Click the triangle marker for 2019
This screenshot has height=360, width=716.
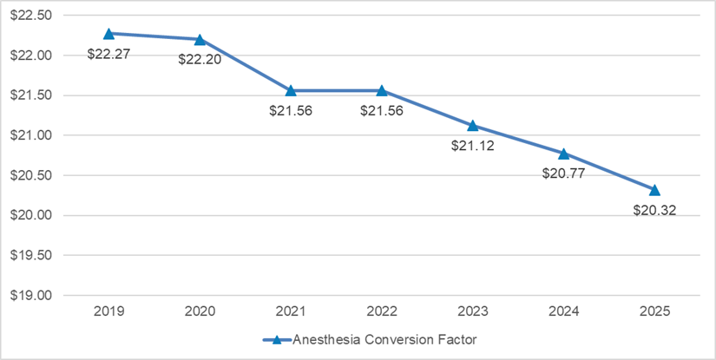pyautogui.click(x=108, y=34)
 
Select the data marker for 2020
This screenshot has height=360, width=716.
pyautogui.click(x=200, y=39)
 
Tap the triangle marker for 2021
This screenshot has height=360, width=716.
pyautogui.click(x=291, y=90)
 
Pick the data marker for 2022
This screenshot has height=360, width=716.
pyautogui.click(x=382, y=90)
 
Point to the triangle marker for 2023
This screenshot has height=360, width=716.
pyautogui.click(x=473, y=126)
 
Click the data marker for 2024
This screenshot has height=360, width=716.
pyautogui.click(x=564, y=154)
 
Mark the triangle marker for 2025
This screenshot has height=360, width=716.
pyautogui.click(x=655, y=190)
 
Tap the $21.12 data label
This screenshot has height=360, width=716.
pyautogui.click(x=473, y=146)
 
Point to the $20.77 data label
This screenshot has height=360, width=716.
pyautogui.click(x=564, y=173)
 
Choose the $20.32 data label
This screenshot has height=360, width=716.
pyautogui.click(x=655, y=210)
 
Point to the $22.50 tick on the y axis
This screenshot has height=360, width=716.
pyautogui.click(x=31, y=16)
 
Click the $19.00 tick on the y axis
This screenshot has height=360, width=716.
pyautogui.click(x=31, y=295)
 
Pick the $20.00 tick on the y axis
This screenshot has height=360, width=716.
pyautogui.click(x=31, y=215)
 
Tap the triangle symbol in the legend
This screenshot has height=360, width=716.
pyautogui.click(x=277, y=340)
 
